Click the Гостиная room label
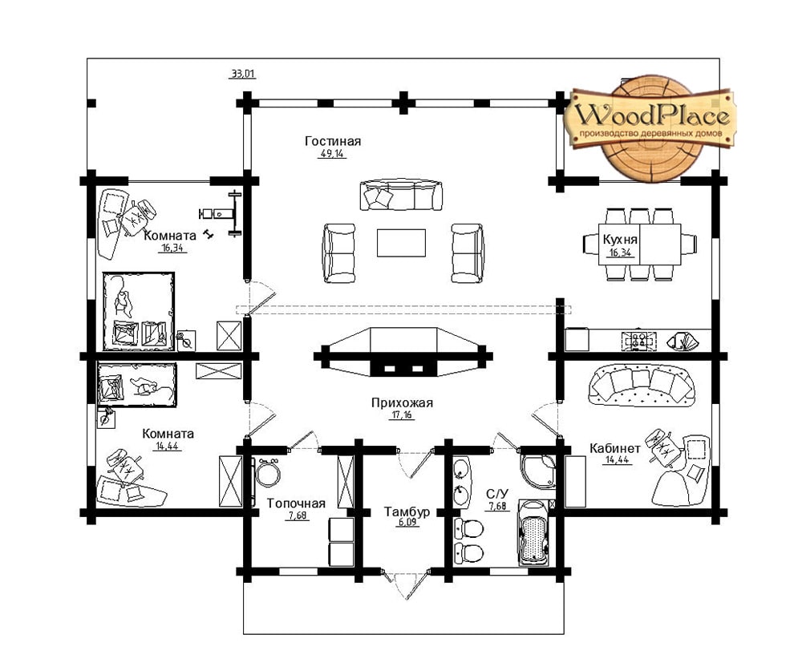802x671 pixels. coord(333,140)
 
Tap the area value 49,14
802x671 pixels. coord(332,153)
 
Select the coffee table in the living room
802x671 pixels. coord(401,243)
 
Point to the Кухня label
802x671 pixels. coord(619,240)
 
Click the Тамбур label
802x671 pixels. coord(407,511)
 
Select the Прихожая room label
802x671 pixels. coord(402,402)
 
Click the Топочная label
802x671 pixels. coord(296,503)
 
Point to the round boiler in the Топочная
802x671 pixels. coord(268,474)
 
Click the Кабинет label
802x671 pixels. coord(615,448)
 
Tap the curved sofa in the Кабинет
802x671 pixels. coord(642,385)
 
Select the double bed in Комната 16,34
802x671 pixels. coord(139,312)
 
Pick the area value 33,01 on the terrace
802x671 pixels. coord(242,74)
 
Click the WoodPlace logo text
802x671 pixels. coord(651,115)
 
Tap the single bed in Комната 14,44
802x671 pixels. coord(136,385)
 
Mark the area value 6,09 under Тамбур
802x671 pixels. coord(407,523)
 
